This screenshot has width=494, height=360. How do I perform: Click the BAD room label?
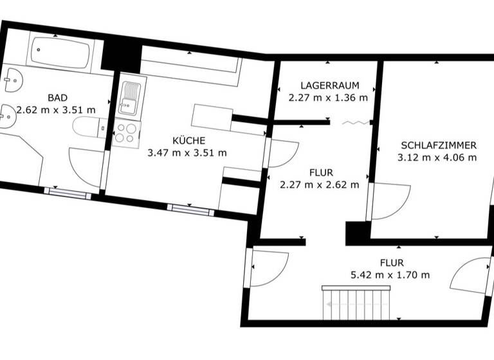tap(57, 98)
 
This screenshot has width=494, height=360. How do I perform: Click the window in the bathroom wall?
tap(67, 193)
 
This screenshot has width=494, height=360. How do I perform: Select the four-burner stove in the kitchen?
tap(125, 134)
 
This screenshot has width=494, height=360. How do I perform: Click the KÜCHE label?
tap(188, 141)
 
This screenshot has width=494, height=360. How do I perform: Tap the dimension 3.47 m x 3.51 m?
tap(187, 153)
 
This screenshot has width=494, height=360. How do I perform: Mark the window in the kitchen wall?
tap(191, 209)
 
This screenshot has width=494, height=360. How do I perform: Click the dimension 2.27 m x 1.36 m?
tap(328, 98)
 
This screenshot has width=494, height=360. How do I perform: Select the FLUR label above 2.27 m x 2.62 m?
tap(321, 173)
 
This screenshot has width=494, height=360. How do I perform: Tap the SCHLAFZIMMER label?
tap(438, 145)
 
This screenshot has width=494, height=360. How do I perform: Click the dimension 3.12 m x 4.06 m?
tap(438, 157)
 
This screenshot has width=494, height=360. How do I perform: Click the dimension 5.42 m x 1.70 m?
tap(390, 274)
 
